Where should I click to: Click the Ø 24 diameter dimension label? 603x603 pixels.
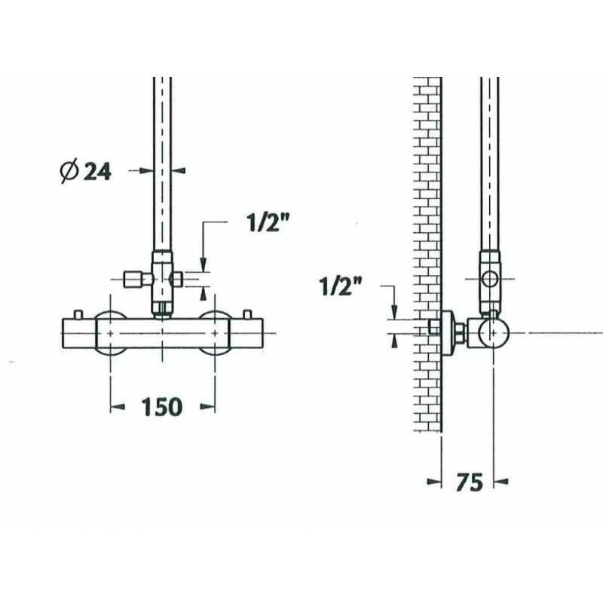86,170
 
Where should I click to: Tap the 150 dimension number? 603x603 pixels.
161,407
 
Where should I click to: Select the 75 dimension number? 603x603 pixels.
469,482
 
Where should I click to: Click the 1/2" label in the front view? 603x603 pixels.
268,222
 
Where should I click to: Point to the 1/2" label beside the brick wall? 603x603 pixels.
341,286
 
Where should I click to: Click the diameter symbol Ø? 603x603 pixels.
69,170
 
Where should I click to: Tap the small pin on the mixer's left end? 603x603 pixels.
78,314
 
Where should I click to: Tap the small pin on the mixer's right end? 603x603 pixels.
248,314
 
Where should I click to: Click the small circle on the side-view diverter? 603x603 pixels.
489,278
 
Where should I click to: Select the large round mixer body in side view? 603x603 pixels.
494,332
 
